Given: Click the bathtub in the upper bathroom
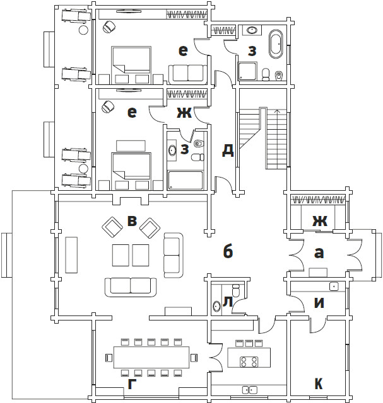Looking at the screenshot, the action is [x=276, y=44].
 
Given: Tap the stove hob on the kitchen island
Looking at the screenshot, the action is [x=249, y=361].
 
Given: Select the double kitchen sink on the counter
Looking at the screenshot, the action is [x=250, y=390].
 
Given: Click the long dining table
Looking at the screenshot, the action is [x=151, y=357].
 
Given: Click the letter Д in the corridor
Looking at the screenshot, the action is [x=228, y=150].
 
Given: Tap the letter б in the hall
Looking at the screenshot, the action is [x=228, y=251].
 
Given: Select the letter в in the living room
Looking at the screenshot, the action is [x=132, y=221].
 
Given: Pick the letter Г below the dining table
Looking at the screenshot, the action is [x=132, y=384].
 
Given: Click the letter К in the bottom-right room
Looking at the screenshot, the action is [x=319, y=383].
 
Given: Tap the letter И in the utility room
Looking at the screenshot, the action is [x=319, y=303].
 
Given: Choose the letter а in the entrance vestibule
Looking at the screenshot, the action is [x=319, y=253].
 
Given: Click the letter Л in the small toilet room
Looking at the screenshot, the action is [x=228, y=302].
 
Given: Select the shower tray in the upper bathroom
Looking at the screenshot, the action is [x=247, y=71].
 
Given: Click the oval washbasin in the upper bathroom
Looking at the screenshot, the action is [x=252, y=30].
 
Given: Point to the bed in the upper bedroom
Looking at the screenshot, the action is [x=131, y=65].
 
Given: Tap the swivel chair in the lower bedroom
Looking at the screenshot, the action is [x=108, y=106].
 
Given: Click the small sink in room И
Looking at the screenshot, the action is [x=334, y=287].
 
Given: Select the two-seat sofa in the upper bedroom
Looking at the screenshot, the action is [x=187, y=74].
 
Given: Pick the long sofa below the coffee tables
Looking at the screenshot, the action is [x=131, y=287].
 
